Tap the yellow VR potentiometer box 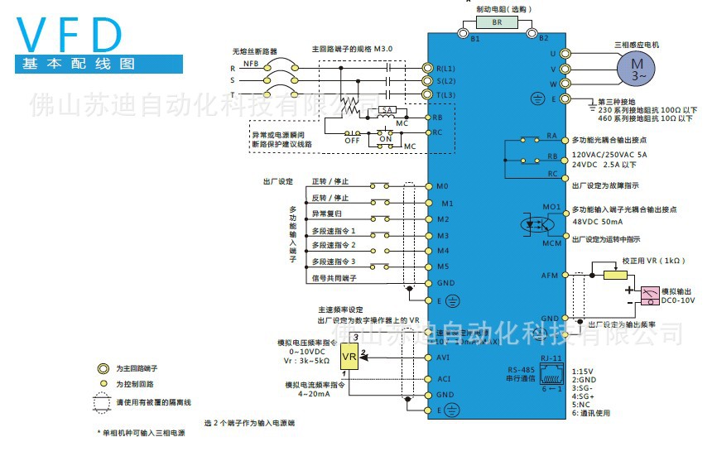349,356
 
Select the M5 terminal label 443,266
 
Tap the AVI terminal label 444,358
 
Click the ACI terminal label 444,379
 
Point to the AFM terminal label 549,274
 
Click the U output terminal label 552,53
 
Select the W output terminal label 552,84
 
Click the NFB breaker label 252,61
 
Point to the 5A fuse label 386,110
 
